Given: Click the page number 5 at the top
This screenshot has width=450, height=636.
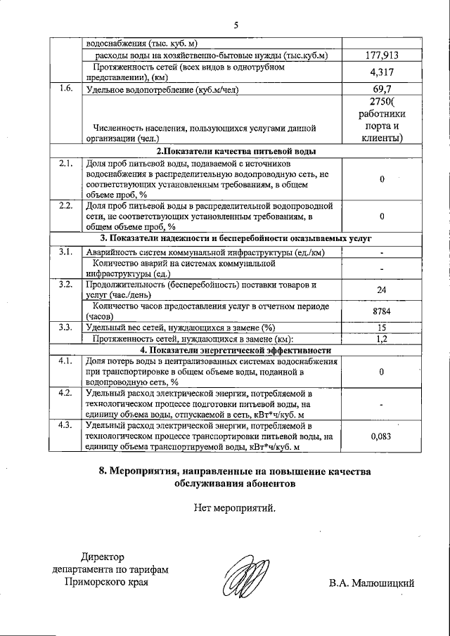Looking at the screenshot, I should (237, 25).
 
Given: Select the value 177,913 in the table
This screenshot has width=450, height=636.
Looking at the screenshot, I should (381, 56).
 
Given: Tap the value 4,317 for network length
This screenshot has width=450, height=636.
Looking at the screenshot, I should (381, 72).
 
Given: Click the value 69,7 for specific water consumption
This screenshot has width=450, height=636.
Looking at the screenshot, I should (381, 90).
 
